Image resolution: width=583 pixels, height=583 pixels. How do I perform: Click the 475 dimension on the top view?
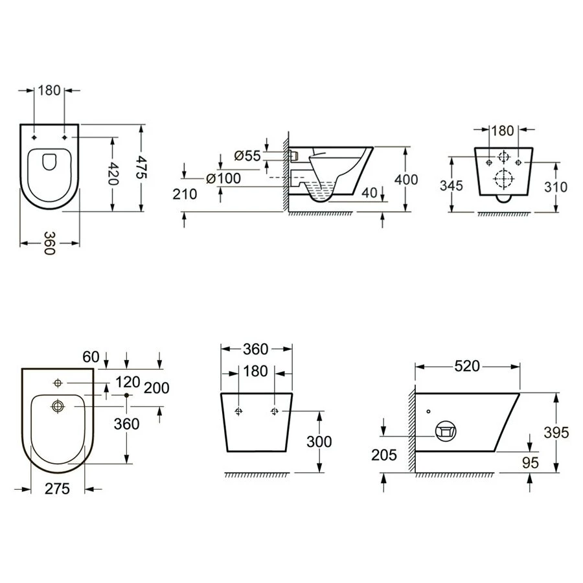point(141,168)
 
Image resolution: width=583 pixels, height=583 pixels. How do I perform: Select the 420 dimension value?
point(112,174)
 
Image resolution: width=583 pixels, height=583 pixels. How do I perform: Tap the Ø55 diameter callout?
point(247,155)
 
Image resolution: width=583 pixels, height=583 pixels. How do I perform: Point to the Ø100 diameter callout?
point(223,179)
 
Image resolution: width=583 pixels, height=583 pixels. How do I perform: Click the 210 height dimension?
point(185,194)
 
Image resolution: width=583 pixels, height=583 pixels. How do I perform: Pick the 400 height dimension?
point(406,179)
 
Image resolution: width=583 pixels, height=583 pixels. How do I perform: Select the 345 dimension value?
point(451,185)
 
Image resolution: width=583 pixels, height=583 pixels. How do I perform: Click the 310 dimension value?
point(556,187)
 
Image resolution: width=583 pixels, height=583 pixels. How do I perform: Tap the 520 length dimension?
point(467,366)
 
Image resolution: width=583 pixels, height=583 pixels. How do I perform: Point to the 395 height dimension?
point(556,433)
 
